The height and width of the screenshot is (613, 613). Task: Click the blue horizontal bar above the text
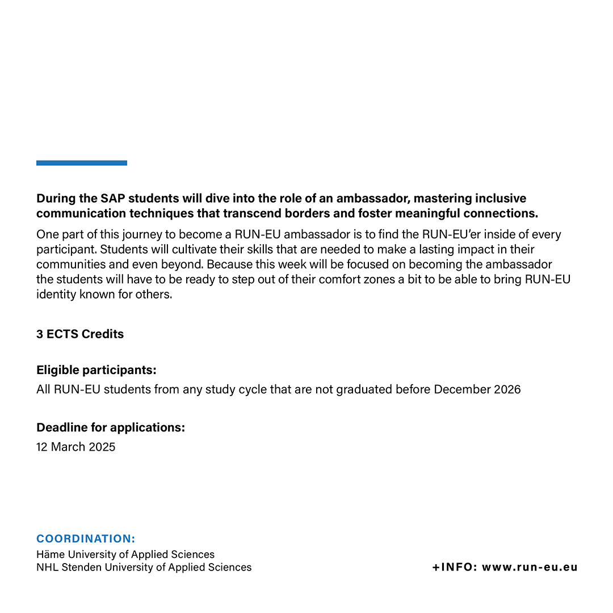pyautogui.click(x=82, y=163)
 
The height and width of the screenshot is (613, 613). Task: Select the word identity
pyautogui.click(x=55, y=295)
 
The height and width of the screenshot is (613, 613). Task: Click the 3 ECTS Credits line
pyautogui.click(x=80, y=334)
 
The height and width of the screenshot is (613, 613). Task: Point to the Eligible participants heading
pyautogui.click(x=96, y=371)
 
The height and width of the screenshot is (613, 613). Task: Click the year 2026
pyautogui.click(x=506, y=390)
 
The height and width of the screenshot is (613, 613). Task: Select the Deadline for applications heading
pyautogui.click(x=111, y=427)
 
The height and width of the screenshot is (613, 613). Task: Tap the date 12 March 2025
pyautogui.click(x=76, y=447)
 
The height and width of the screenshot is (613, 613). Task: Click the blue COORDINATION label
pyautogui.click(x=86, y=539)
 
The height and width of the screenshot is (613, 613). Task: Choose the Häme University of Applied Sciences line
pyautogui.click(x=125, y=555)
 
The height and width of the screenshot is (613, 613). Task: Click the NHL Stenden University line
pyautogui.click(x=144, y=568)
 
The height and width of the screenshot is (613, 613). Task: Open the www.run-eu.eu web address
pyautogui.click(x=530, y=568)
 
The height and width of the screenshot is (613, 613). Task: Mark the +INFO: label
pyautogui.click(x=455, y=568)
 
